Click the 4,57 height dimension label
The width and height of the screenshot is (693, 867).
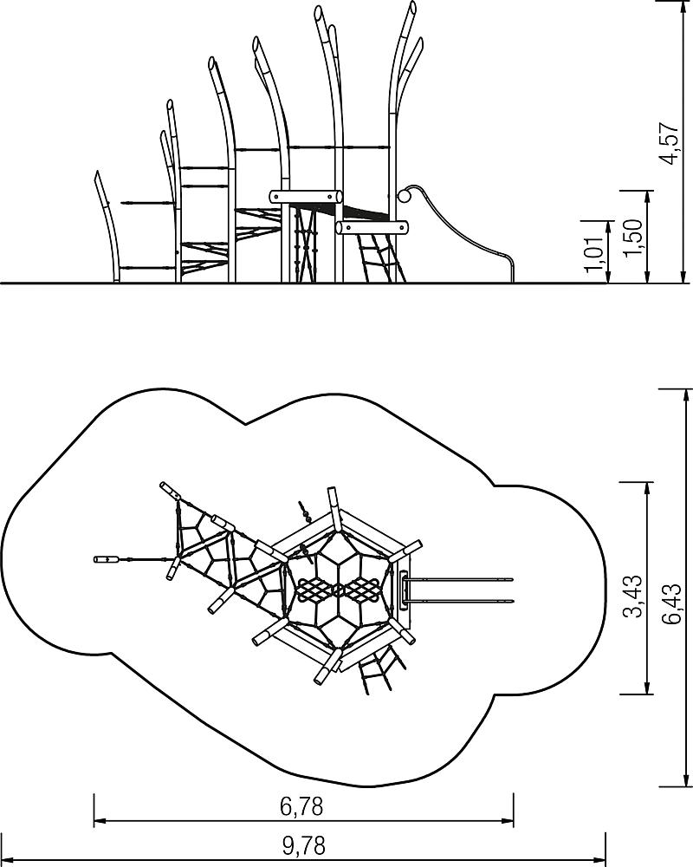669,143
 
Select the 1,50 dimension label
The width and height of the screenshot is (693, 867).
632,238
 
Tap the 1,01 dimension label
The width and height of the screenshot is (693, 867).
593,254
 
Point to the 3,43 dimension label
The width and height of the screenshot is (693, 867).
632,596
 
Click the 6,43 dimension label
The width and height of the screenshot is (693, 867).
672,603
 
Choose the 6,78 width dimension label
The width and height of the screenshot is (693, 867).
301,806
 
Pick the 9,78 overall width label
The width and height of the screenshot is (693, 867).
303,845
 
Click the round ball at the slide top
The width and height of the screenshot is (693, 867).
405,196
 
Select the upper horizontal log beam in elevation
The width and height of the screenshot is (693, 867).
306,196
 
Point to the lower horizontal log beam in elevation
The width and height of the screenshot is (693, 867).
372,227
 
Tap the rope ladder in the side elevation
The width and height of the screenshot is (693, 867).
382,257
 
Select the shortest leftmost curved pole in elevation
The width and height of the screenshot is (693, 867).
108,226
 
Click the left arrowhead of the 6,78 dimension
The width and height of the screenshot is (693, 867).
100,820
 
